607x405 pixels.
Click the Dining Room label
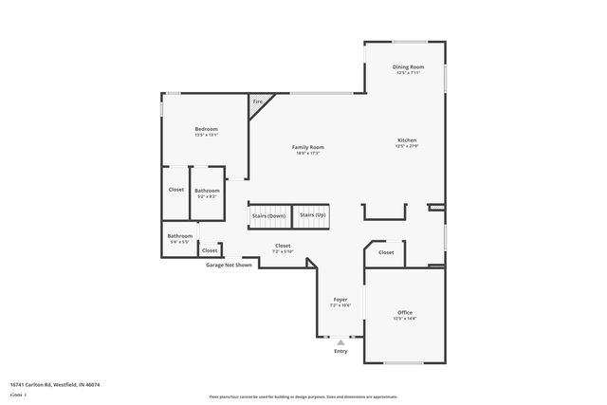408,66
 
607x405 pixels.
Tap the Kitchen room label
407,140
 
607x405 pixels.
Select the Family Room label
307,147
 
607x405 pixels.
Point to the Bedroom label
206,129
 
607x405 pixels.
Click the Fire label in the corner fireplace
256,101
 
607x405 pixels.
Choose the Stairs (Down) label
268,215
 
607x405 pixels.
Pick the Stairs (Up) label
313,215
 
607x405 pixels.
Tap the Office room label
405,312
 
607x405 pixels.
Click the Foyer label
340,299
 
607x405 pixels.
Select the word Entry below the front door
340,351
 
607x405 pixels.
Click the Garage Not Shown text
230,265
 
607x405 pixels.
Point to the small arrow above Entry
340,341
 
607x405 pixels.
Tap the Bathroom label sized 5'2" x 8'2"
207,191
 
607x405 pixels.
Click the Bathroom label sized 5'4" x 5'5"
180,235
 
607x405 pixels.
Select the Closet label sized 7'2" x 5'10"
283,245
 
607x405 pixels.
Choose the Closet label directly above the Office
386,252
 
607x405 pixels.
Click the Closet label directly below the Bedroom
176,189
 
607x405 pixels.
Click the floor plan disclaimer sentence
303,396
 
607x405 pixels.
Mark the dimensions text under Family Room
307,154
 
